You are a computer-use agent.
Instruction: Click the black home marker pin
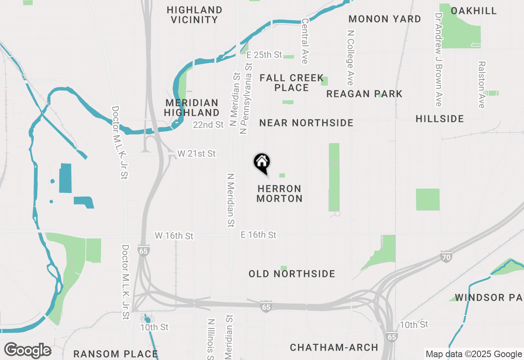262,163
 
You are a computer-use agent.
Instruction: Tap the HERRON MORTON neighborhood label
280,193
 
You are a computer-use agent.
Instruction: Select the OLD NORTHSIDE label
292,274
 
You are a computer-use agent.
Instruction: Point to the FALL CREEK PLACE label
291,83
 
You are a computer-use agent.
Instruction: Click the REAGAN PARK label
364,94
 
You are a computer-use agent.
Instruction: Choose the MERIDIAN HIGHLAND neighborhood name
192,108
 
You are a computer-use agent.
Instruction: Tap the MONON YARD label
385,19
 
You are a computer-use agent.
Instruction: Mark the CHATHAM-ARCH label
334,347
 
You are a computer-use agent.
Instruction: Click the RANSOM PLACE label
115,354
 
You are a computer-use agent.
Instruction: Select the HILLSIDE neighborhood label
440,119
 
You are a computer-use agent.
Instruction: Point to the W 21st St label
196,153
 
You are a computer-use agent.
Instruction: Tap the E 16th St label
258,235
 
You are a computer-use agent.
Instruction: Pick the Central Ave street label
305,41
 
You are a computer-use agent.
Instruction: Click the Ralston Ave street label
481,85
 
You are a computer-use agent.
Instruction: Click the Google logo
27,350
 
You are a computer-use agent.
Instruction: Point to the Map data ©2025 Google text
473,354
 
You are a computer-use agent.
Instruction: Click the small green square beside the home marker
282,175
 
